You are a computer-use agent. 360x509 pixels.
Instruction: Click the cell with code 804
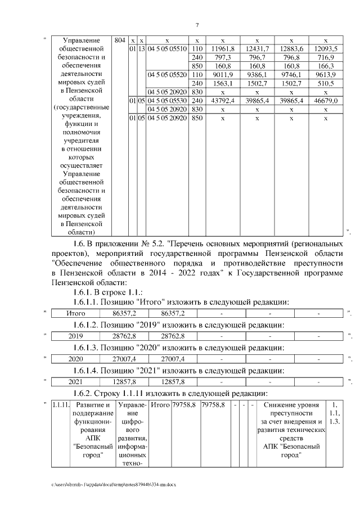click(119, 40)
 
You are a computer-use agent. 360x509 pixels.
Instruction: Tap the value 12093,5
click(326, 49)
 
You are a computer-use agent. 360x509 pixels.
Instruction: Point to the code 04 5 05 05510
click(167, 49)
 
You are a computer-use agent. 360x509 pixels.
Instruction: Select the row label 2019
click(75, 336)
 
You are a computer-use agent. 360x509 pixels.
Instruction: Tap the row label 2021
click(75, 382)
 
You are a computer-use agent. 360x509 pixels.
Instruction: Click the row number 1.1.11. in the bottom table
click(60, 405)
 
